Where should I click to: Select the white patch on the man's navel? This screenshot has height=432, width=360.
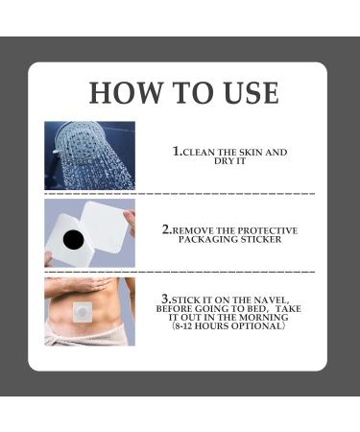(x=84, y=313)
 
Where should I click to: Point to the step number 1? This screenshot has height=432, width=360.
(x=177, y=152)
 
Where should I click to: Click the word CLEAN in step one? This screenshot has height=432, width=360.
(x=201, y=153)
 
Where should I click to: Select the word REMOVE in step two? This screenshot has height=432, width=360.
(x=198, y=231)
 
